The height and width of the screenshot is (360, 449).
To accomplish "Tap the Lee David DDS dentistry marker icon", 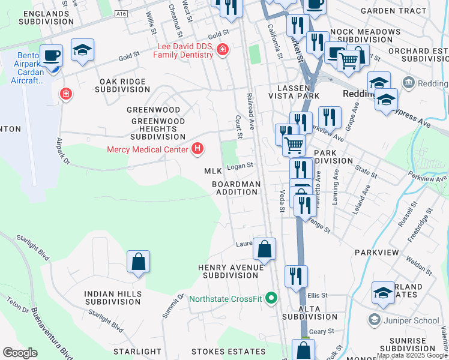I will click(x=223, y=50).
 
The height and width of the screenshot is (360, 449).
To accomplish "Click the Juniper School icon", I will click(x=375, y=320).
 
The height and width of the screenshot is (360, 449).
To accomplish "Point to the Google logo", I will click(x=20, y=353).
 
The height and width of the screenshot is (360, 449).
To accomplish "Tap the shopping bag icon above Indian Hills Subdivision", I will click(x=138, y=262).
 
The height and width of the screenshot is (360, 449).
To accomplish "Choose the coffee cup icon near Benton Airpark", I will click(x=52, y=56).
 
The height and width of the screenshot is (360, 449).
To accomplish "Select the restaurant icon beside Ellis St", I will click(x=296, y=277).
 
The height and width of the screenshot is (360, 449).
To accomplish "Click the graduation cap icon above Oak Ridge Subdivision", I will click(x=82, y=50).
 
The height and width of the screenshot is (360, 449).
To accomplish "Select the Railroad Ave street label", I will click(x=250, y=114).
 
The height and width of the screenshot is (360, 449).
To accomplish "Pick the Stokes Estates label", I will click(x=220, y=351).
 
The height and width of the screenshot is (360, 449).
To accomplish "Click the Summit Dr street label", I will click(x=172, y=307).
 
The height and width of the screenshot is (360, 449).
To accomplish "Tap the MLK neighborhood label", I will click(x=212, y=171).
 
